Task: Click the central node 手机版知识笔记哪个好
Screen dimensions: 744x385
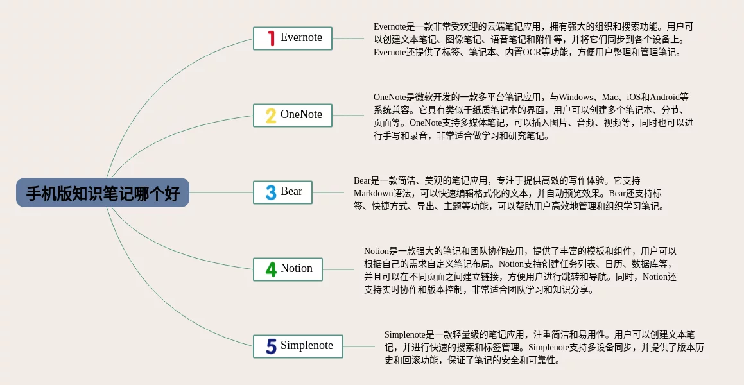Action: coord(103,193)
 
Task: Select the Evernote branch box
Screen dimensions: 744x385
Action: coord(292,38)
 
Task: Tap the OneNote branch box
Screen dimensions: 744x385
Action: coord(292,116)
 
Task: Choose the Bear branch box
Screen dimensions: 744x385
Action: coord(283,193)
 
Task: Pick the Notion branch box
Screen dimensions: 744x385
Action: coord(288,269)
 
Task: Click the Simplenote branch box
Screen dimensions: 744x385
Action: coord(298,346)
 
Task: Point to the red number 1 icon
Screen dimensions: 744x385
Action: coord(272,38)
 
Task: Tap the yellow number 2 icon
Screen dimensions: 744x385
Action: coord(271,116)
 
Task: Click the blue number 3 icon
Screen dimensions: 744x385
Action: coord(271,193)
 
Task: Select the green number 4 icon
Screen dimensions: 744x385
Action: coord(271,269)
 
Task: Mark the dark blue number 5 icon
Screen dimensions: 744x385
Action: coord(271,346)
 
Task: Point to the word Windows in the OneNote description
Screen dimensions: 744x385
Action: coord(576,97)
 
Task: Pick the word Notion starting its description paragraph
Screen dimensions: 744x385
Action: coord(376,252)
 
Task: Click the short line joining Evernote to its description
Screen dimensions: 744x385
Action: coord(349,38)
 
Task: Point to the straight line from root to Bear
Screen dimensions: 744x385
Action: coord(221,193)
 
